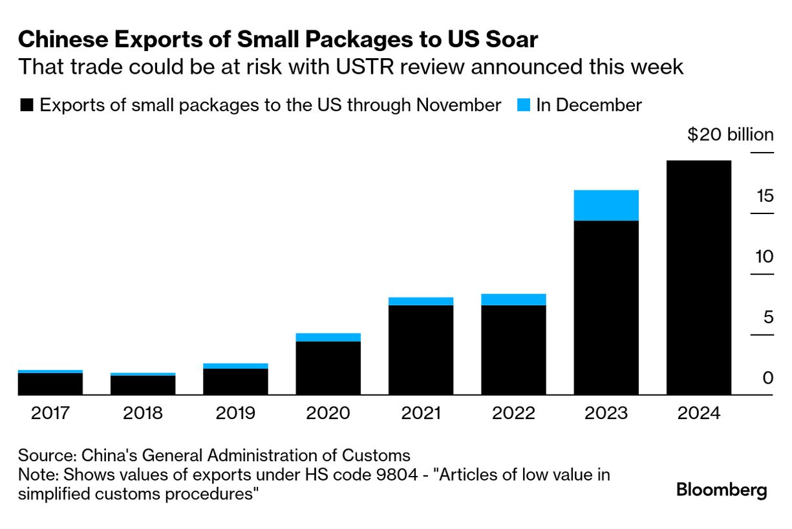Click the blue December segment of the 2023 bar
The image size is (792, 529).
(606, 205)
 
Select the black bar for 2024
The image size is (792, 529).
(698, 277)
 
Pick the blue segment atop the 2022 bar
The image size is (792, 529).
(513, 299)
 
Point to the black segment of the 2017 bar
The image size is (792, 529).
(50, 383)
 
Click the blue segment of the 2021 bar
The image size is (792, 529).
(421, 301)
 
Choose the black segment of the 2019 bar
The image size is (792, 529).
(235, 382)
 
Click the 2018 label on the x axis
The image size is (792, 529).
(143, 413)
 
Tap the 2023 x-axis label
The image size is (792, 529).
(606, 413)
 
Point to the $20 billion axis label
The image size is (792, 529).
(730, 135)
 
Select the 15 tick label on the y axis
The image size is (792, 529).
(764, 195)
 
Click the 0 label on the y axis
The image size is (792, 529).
(767, 378)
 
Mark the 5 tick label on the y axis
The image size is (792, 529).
(767, 317)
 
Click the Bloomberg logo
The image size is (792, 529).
(722, 490)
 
